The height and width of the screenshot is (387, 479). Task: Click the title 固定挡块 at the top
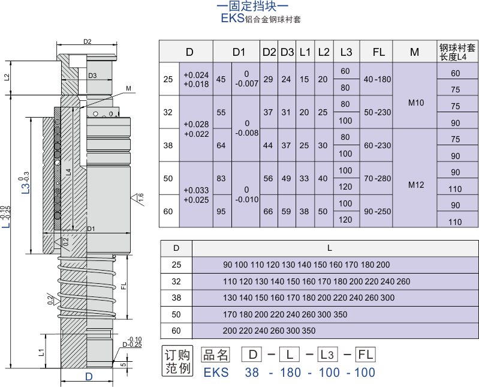tap(252, 7)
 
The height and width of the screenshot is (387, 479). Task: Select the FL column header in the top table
tap(378, 52)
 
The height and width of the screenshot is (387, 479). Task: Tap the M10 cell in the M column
tap(416, 103)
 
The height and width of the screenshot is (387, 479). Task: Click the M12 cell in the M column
tap(416, 185)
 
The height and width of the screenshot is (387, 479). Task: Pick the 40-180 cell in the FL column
tap(377, 79)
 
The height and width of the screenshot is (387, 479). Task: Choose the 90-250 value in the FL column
tap(377, 212)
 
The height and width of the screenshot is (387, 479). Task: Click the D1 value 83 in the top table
tap(221, 179)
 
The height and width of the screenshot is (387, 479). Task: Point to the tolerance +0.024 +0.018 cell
tap(196, 79)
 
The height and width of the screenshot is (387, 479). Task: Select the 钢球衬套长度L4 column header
tap(457, 52)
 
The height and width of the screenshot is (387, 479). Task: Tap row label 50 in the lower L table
tap(176, 314)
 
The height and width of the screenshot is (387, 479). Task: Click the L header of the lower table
tap(329, 248)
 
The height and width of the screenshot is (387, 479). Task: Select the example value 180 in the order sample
tap(290, 373)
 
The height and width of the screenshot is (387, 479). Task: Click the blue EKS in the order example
tap(216, 373)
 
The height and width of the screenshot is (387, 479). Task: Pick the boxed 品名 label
tap(215, 355)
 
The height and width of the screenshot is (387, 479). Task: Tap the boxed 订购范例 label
tap(177, 361)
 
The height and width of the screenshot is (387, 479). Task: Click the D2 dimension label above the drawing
tap(88, 41)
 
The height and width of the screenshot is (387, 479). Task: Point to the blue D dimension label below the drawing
tap(89, 377)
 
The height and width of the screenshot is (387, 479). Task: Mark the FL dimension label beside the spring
tap(123, 286)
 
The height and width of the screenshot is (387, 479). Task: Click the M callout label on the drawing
tap(128, 88)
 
